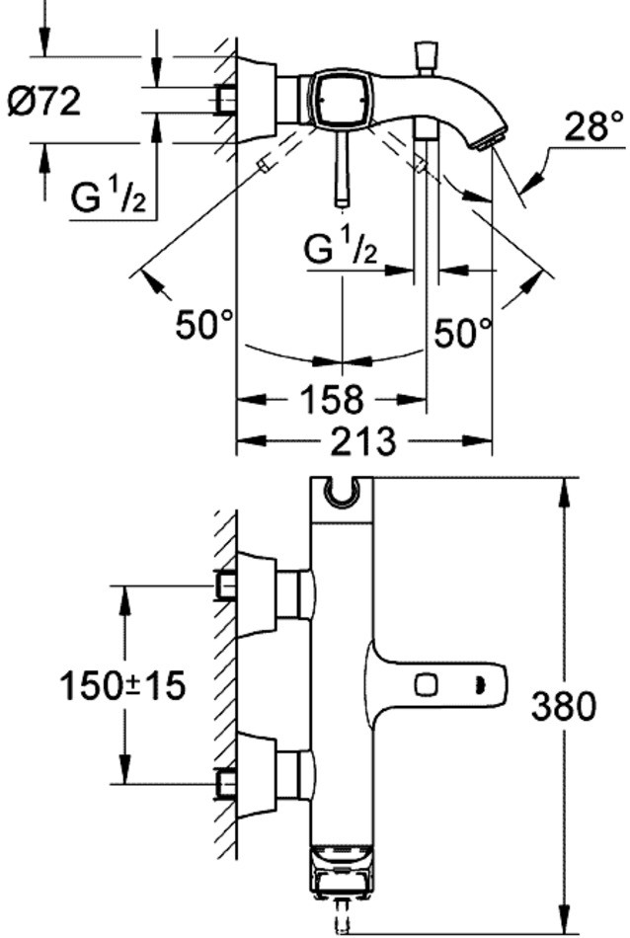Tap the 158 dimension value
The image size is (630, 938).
pyautogui.click(x=331, y=400)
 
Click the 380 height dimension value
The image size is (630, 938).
pyautogui.click(x=563, y=706)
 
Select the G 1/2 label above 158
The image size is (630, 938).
pyautogui.click(x=341, y=250)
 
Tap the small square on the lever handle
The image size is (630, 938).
pyautogui.click(x=428, y=682)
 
